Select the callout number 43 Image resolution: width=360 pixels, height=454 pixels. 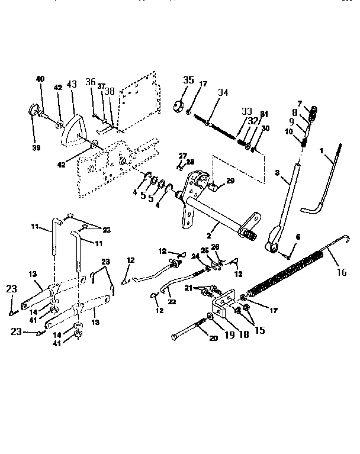tap(72, 85)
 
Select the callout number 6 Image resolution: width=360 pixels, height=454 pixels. tap(297, 237)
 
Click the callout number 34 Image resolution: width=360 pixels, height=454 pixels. tap(222, 92)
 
